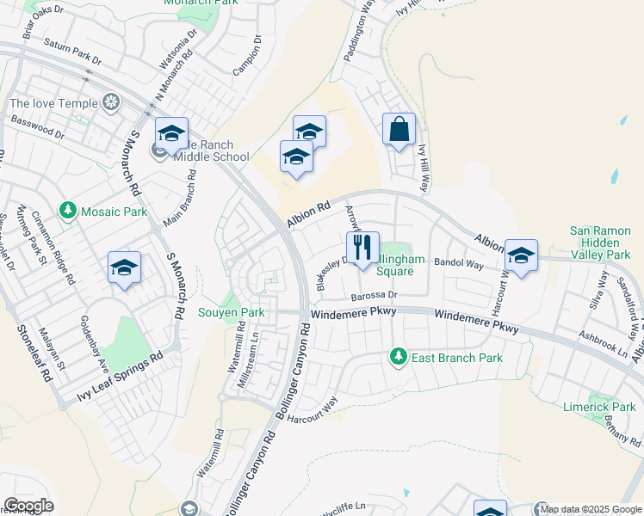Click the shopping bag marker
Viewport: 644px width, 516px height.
(x=399, y=131)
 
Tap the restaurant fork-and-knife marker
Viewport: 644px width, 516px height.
(x=362, y=249)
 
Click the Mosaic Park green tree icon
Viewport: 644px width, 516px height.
(x=68, y=211)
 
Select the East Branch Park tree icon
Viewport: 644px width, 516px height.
(x=398, y=355)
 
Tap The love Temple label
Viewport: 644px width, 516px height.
(x=53, y=104)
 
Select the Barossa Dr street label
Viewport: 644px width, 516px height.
(x=372, y=297)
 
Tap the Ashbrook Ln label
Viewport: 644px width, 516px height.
(x=603, y=346)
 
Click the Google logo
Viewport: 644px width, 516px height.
(x=28, y=506)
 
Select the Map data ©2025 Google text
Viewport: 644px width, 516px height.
(x=591, y=509)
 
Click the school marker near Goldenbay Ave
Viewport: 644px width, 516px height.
(x=125, y=268)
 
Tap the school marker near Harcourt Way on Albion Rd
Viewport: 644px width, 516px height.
(x=520, y=256)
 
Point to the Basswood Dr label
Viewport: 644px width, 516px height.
(x=35, y=128)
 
